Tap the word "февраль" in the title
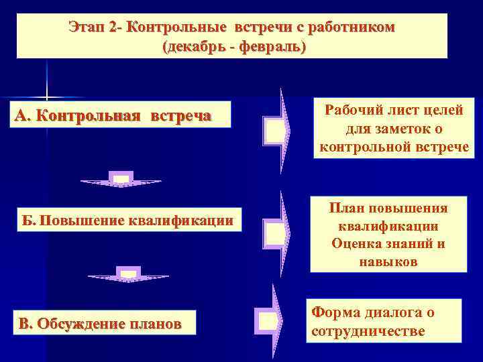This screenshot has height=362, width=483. tap(267, 48)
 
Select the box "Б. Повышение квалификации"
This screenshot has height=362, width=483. tap(127, 220)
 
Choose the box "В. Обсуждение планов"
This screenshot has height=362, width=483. tap(100, 324)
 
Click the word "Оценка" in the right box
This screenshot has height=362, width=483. tap(356, 243)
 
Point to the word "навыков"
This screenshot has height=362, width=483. tap(388, 261)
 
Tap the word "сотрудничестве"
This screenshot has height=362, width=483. tap(368, 331)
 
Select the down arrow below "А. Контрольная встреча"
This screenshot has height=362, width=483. tap(121, 179)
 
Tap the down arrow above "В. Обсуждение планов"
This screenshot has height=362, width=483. tap(127, 274)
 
